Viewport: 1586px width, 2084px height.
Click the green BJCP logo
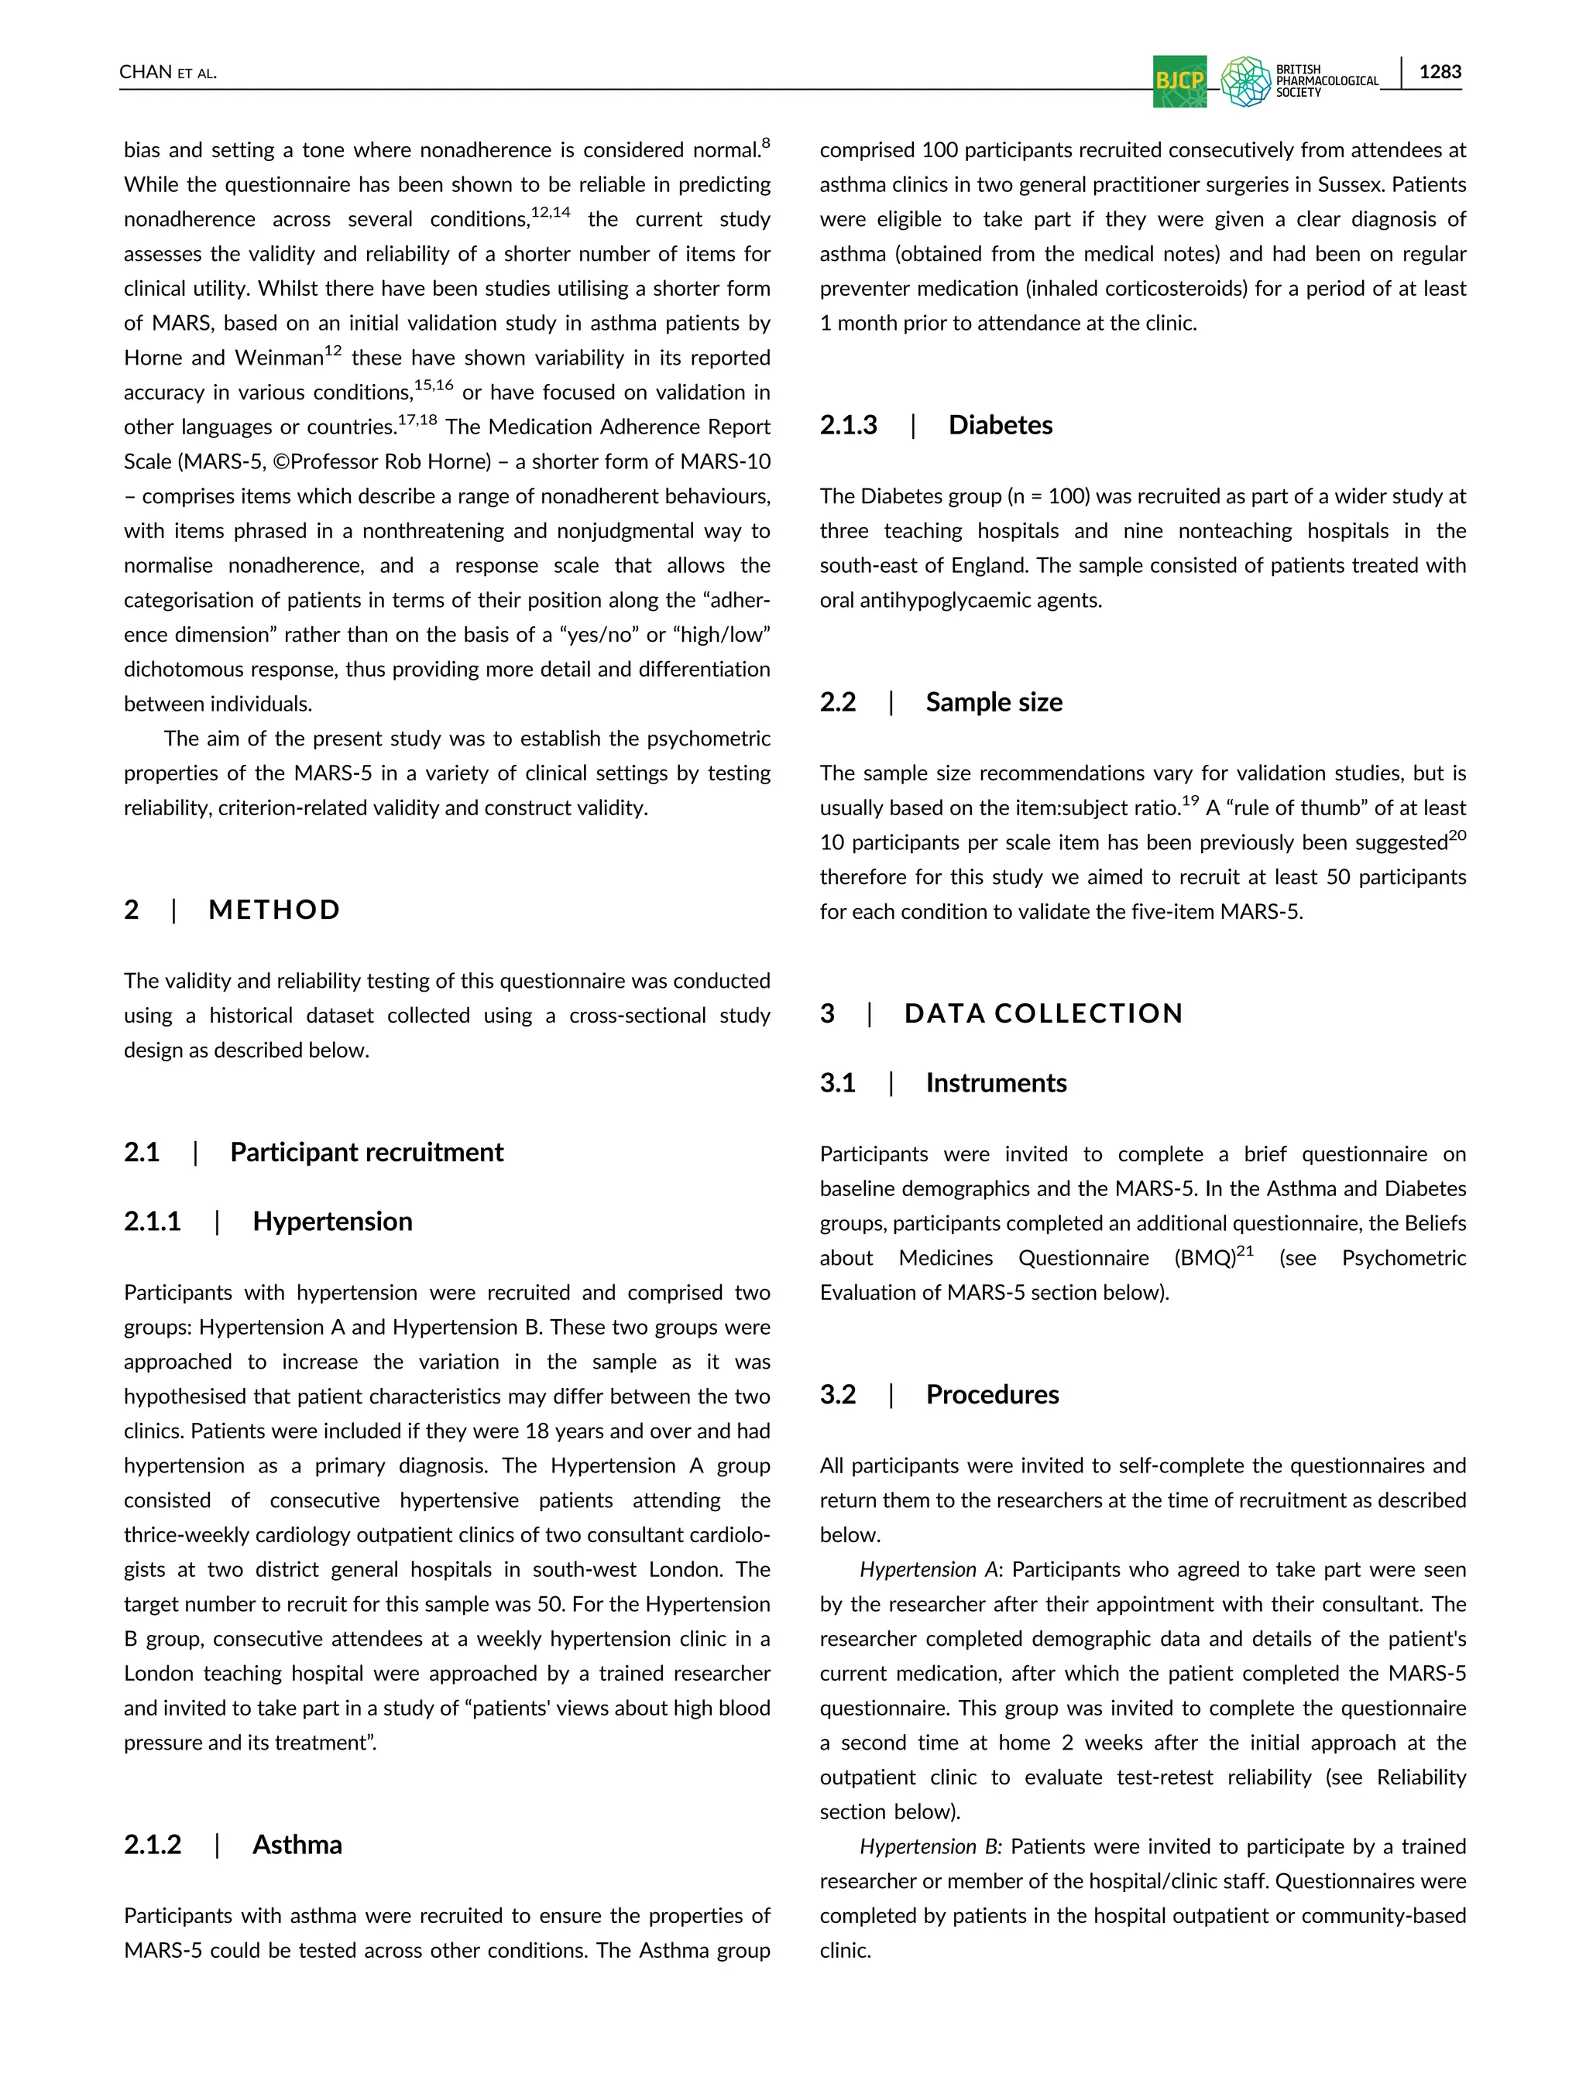[1179, 81]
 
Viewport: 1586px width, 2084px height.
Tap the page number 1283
[1440, 72]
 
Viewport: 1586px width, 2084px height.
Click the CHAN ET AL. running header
[168, 73]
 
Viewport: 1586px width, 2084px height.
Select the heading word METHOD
[274, 910]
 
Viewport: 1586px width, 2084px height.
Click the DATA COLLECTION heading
[1043, 1013]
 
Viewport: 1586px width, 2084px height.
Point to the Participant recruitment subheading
[366, 1153]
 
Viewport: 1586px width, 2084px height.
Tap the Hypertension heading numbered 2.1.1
[332, 1222]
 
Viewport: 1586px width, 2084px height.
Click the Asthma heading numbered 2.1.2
[297, 1844]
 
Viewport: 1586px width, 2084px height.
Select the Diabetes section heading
[1000, 425]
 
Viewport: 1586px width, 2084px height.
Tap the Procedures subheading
[992, 1394]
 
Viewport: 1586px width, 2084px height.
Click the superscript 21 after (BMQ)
[1245, 1250]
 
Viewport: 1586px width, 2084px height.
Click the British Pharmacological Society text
[1326, 81]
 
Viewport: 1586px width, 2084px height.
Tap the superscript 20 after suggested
[1457, 835]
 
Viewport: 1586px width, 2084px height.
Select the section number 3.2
[837, 1394]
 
